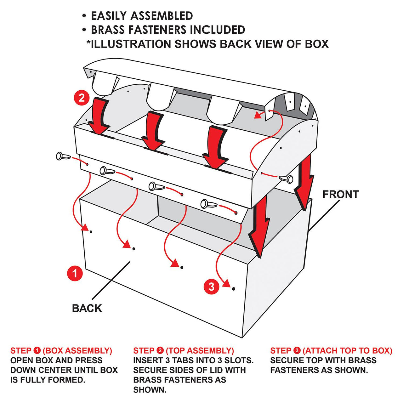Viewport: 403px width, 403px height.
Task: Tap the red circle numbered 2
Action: click(x=82, y=98)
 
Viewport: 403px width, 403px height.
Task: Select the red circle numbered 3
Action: click(x=211, y=287)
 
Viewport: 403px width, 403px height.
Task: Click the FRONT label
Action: click(x=340, y=194)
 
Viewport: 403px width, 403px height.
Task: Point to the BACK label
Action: click(x=87, y=308)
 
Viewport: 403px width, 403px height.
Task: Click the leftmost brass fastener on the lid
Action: click(x=61, y=156)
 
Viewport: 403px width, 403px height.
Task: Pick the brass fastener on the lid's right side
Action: click(x=286, y=179)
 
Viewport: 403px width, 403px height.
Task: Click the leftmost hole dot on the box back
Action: click(x=91, y=232)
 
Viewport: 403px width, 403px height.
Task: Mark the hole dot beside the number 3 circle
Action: click(x=234, y=288)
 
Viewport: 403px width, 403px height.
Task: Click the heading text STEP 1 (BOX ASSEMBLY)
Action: click(x=61, y=350)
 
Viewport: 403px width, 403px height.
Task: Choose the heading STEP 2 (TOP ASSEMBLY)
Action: click(x=184, y=350)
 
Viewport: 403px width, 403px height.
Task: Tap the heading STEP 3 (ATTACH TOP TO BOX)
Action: click(x=331, y=350)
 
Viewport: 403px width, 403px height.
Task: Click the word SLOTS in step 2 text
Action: click(x=239, y=360)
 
